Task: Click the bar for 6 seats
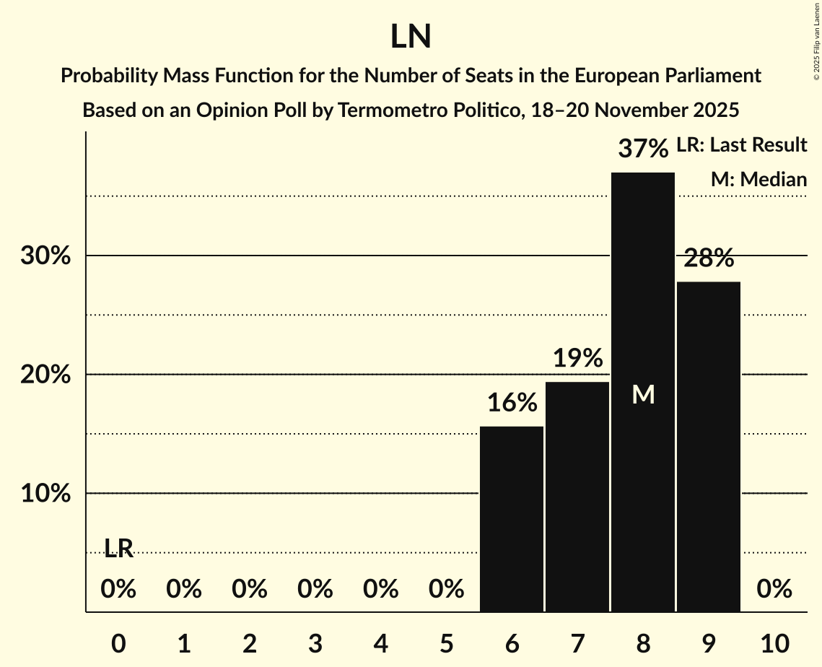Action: pyautogui.click(x=512, y=519)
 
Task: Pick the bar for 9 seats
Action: pyautogui.click(x=709, y=447)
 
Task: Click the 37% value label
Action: pyautogui.click(x=643, y=149)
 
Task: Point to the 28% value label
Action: pyautogui.click(x=709, y=258)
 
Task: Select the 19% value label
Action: pyautogui.click(x=577, y=358)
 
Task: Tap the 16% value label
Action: pyautogui.click(x=512, y=403)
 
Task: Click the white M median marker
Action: pyautogui.click(x=643, y=394)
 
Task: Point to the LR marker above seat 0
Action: pyautogui.click(x=118, y=549)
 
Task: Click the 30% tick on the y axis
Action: pyautogui.click(x=45, y=256)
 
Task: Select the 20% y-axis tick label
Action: pyautogui.click(x=45, y=375)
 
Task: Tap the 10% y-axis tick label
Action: pyautogui.click(x=45, y=494)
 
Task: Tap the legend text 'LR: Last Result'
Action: pyautogui.click(x=741, y=145)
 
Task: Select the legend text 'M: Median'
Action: pyautogui.click(x=758, y=179)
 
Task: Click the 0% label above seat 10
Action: pyautogui.click(x=774, y=590)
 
